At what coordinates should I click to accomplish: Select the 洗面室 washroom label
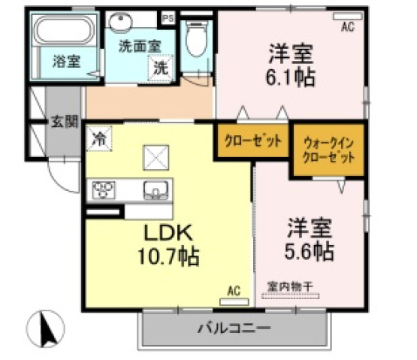click(138, 44)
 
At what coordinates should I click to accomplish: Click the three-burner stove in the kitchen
click(104, 189)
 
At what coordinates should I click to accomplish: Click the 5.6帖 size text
click(310, 250)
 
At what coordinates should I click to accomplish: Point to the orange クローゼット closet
click(253, 141)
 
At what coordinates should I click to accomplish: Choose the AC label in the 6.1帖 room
click(347, 27)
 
